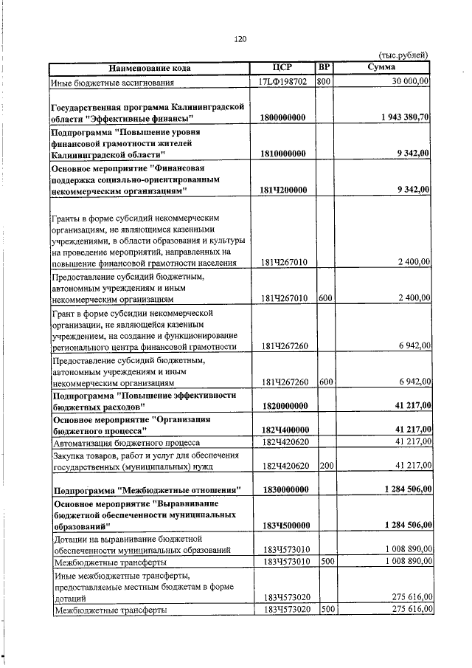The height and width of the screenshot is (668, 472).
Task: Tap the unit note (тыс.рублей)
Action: (402, 55)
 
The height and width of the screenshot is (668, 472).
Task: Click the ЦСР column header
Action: (283, 68)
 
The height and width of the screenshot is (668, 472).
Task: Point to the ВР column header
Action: (323, 68)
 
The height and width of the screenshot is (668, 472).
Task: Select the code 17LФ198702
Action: (283, 81)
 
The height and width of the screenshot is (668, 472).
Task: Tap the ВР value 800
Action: (323, 81)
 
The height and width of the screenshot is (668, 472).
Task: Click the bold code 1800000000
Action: (283, 118)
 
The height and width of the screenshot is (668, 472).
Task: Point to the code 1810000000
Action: (283, 154)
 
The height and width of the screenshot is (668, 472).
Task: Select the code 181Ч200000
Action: (283, 190)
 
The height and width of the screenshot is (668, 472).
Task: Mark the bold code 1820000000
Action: (283, 406)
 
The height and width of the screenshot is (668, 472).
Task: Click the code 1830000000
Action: (283, 489)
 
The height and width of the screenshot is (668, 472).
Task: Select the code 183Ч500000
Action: (283, 525)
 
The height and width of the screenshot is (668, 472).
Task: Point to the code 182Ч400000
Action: (283, 430)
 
